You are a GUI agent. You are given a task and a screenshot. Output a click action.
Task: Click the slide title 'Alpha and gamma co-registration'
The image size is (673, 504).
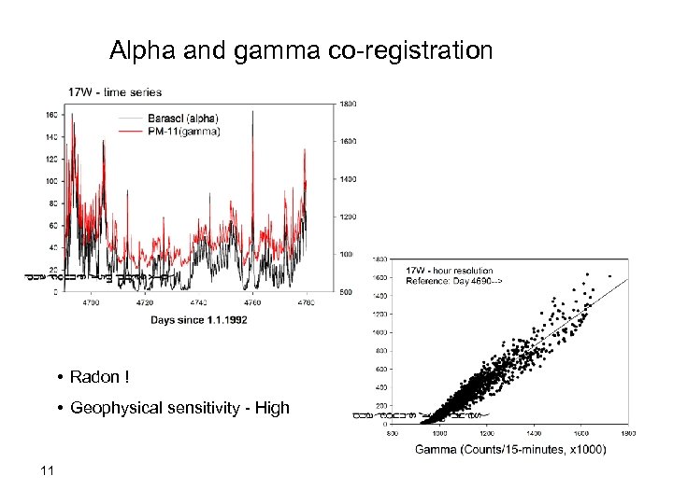pos(301,49)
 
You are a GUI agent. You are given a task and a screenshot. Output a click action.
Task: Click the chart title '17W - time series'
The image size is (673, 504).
pos(115,91)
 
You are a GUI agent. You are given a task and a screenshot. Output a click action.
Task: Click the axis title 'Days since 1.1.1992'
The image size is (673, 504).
pos(199,320)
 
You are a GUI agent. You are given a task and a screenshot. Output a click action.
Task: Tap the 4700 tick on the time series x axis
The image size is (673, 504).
pos(94,302)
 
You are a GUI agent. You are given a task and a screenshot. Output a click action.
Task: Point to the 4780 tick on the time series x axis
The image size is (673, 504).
pos(306,302)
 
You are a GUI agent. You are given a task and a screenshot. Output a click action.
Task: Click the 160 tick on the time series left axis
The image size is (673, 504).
pos(51,115)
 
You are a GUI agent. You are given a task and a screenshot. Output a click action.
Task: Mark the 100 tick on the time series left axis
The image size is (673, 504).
pos(51,181)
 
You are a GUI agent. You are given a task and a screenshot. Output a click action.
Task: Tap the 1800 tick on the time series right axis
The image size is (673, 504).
pos(347,104)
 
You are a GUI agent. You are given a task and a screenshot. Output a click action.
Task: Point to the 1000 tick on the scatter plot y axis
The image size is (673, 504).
pos(382,332)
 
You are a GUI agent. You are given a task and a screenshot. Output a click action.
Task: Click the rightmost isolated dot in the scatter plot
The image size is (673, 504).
pos(609,276)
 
